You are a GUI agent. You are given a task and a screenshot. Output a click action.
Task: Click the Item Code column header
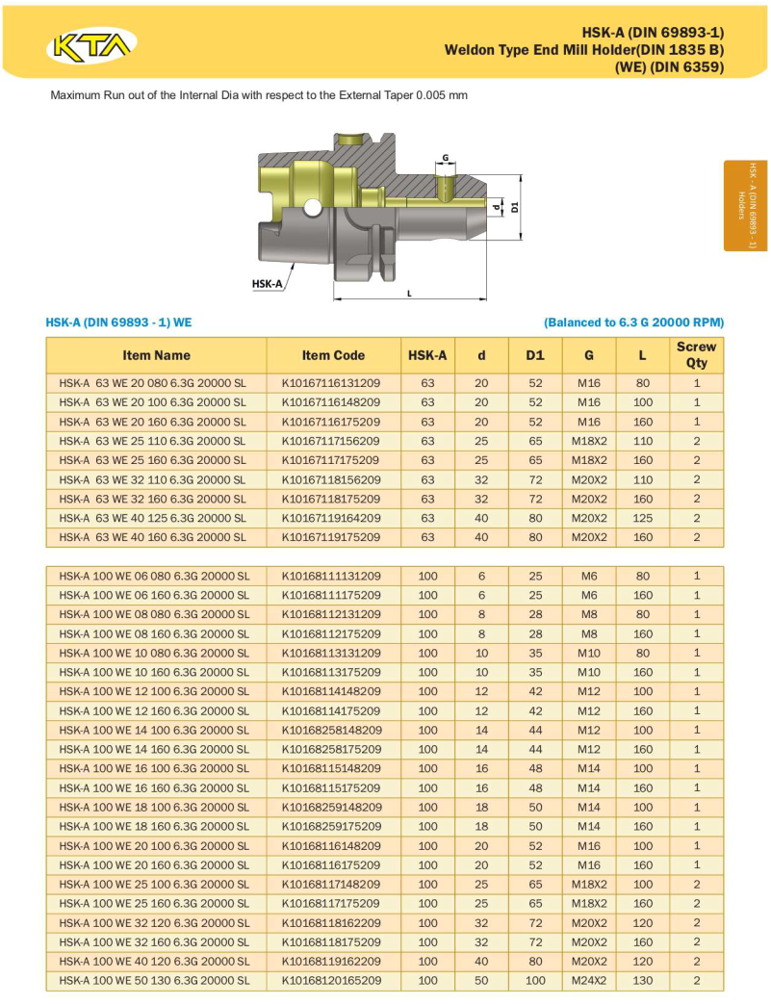(x=333, y=355)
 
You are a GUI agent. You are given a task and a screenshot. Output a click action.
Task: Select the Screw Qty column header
(x=696, y=355)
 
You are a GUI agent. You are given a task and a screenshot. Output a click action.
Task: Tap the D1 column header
(x=535, y=355)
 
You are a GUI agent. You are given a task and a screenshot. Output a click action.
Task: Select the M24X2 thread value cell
(x=589, y=980)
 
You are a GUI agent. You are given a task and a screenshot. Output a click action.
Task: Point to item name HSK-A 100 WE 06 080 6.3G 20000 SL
(x=154, y=576)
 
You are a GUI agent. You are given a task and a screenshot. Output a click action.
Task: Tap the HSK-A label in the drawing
(x=267, y=284)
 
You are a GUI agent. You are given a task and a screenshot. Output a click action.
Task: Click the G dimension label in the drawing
(x=446, y=157)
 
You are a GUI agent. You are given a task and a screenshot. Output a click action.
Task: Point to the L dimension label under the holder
(x=409, y=293)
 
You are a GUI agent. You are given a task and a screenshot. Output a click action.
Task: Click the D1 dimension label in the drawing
(x=515, y=207)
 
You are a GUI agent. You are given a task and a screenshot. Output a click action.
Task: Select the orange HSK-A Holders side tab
(x=746, y=205)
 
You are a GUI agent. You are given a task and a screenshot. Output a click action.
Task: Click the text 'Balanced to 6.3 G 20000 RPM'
(x=633, y=322)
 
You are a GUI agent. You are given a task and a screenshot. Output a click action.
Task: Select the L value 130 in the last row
(x=642, y=980)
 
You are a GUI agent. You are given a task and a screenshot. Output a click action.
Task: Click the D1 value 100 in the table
(x=535, y=980)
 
